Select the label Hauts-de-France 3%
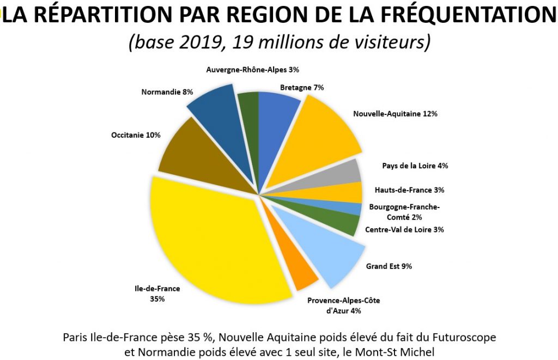point(410,190)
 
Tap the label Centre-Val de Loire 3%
point(404,229)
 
